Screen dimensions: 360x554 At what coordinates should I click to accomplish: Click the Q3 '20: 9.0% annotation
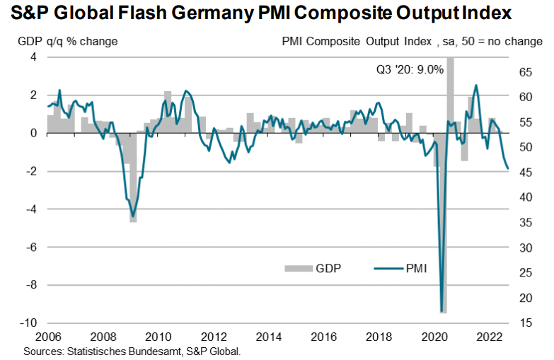coord(409,69)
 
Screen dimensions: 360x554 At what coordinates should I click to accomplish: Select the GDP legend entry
coord(328,268)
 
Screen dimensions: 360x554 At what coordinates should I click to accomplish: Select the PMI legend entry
coord(415,268)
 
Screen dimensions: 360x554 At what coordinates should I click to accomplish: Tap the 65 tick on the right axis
coord(525,71)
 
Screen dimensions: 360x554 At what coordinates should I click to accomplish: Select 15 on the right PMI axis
coord(525,323)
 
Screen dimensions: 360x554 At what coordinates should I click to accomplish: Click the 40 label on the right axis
coord(525,197)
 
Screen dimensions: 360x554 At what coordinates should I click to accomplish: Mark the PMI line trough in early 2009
coord(132,216)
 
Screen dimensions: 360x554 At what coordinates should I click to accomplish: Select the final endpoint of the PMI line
coord(507,168)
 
